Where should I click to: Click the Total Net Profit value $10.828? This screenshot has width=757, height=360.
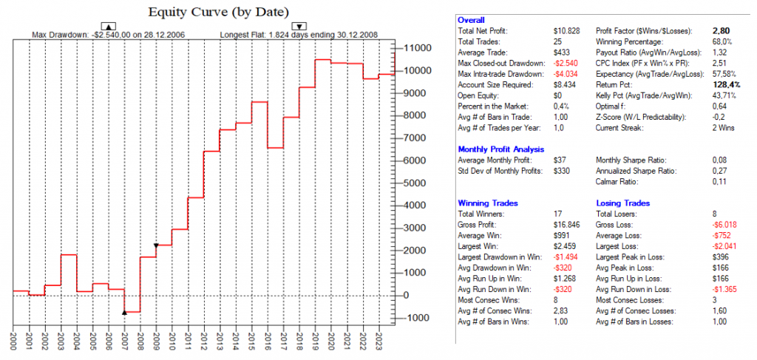[x=567, y=30]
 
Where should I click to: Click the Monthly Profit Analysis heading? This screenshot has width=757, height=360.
[x=501, y=149]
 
